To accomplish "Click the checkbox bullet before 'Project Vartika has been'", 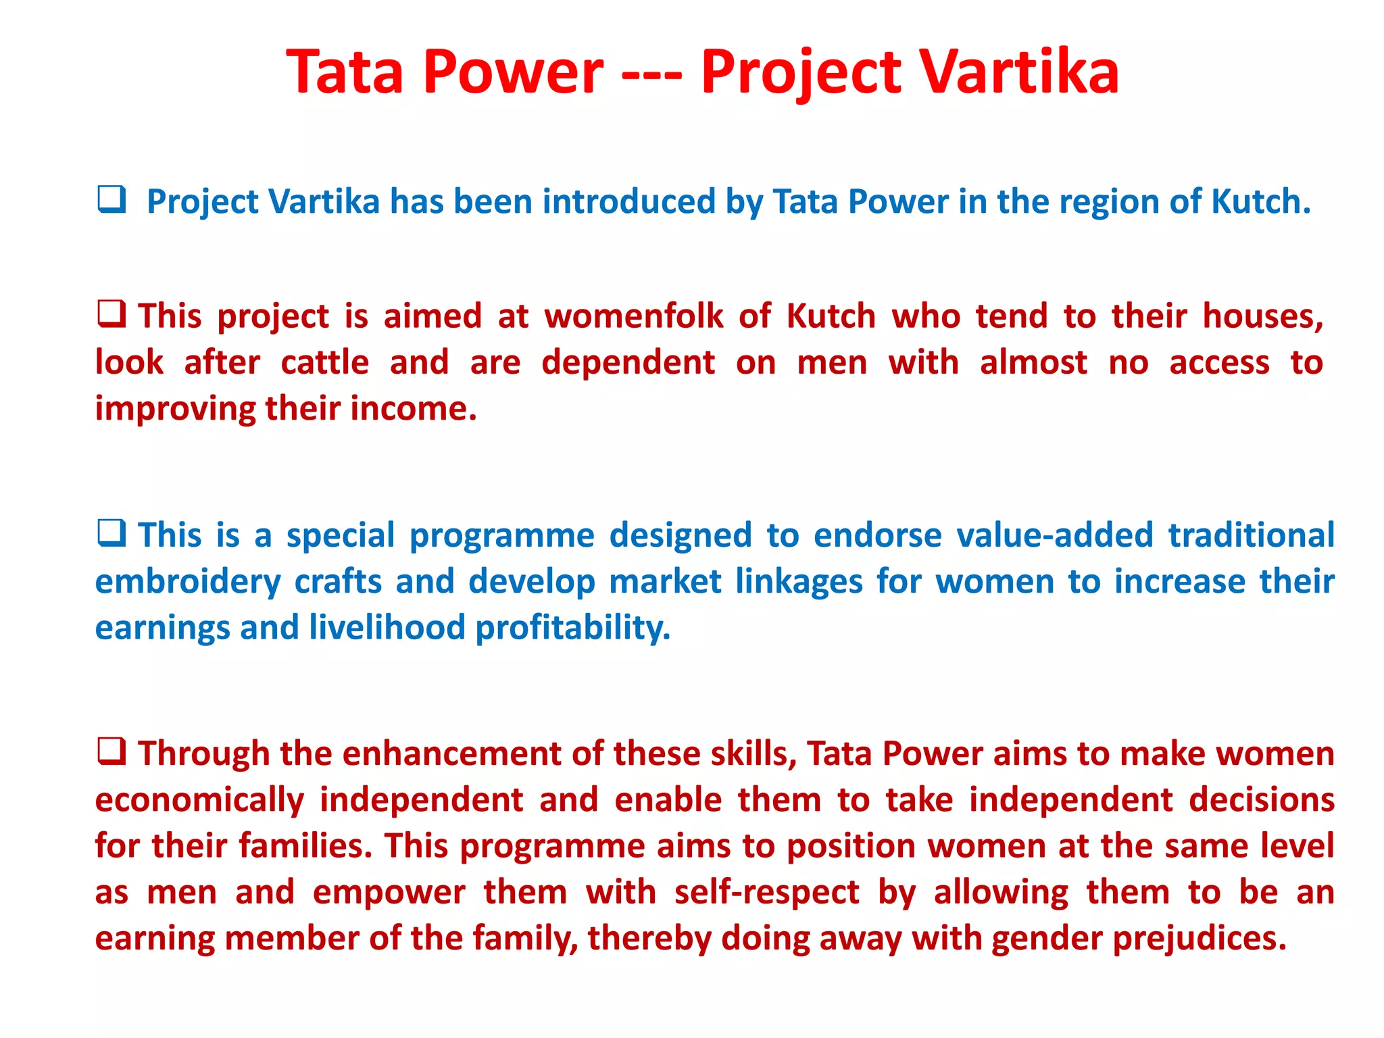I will pyautogui.click(x=112, y=200).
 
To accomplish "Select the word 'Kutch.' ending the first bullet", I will pyautogui.click(x=1260, y=201).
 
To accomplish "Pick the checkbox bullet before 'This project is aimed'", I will pyautogui.click(x=112, y=314).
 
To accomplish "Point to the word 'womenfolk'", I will pyautogui.click(x=634, y=316).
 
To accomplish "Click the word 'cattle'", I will pyautogui.click(x=324, y=362).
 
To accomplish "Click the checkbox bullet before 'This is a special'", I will pyautogui.click(x=112, y=533).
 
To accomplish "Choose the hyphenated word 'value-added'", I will pyautogui.click(x=1054, y=535).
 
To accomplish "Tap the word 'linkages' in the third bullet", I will pyautogui.click(x=799, y=582).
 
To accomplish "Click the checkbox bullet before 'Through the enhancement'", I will pyautogui.click(x=112, y=751).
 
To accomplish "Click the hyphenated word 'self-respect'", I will pyautogui.click(x=766, y=893).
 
